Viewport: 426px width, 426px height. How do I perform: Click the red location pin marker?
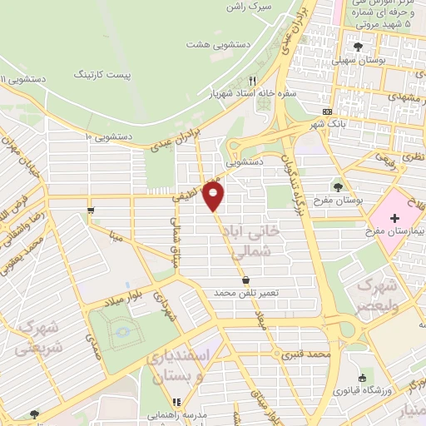pos(215,196)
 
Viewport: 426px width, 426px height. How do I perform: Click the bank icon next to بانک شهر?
pos(327,111)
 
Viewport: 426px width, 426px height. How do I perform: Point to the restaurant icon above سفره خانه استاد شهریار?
pos(252,82)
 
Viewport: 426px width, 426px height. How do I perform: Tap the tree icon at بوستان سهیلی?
pos(358,47)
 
